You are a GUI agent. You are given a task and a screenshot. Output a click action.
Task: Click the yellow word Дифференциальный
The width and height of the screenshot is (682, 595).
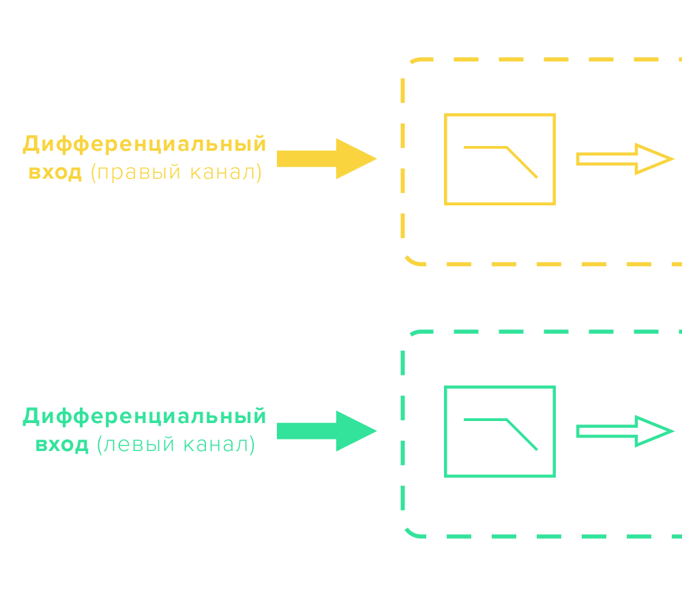(x=144, y=145)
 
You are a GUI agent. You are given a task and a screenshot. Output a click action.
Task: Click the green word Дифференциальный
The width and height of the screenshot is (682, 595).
(x=144, y=417)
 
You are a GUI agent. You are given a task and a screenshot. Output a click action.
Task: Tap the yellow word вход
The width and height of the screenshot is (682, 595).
(x=55, y=172)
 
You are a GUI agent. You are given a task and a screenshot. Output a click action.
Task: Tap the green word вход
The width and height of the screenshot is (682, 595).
(x=61, y=445)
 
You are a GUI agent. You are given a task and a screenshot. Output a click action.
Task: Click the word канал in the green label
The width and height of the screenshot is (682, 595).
(x=218, y=445)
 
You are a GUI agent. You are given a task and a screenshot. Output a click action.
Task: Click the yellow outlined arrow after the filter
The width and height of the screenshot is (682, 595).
(x=625, y=159)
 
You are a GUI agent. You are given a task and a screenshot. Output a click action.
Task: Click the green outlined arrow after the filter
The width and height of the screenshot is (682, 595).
(x=625, y=431)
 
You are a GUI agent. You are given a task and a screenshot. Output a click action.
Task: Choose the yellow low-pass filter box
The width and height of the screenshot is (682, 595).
(x=500, y=159)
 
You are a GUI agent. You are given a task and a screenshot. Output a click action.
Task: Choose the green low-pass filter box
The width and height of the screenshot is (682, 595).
(x=500, y=431)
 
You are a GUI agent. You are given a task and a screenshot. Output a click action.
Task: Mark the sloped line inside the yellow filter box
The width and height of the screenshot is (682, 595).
(x=522, y=163)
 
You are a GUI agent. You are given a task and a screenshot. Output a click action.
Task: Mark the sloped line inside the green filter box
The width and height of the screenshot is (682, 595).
(x=522, y=435)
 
